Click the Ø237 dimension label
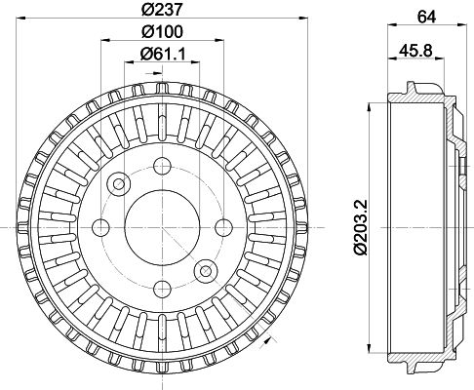coord(162,9)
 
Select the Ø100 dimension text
coord(162,31)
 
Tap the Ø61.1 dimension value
coord(162,54)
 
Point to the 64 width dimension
coord(426,17)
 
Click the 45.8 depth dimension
coord(415,51)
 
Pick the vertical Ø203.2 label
coord(361,227)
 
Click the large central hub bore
coord(162,227)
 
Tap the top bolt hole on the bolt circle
coord(162,166)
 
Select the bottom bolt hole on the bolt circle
coord(162,289)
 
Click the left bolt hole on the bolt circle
coord(100,227)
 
